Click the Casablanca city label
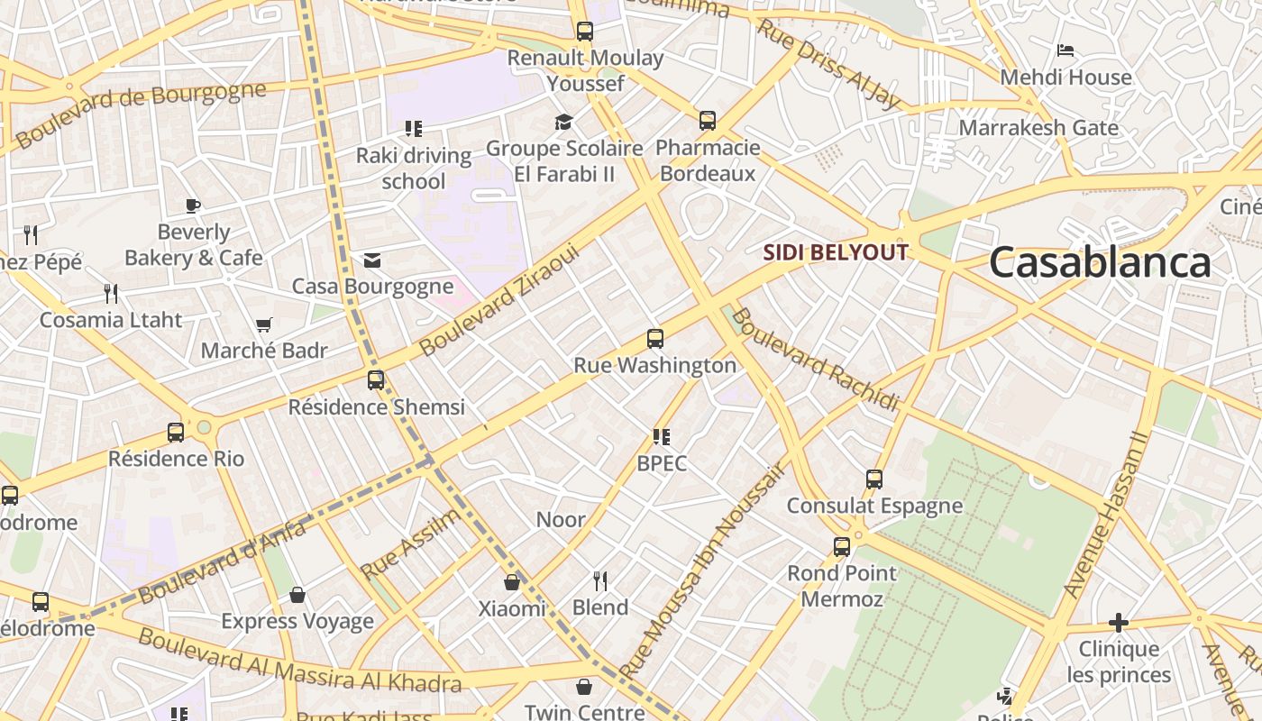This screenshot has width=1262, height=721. coord(1100,263)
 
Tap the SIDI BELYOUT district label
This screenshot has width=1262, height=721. coord(835,252)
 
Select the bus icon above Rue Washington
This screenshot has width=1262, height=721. coord(655,340)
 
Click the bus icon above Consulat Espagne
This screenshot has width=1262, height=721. coord(874,479)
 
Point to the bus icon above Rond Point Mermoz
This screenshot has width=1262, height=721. coord(842,547)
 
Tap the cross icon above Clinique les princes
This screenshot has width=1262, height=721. coord(1119,623)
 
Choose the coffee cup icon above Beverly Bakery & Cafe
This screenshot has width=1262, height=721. coord(193,205)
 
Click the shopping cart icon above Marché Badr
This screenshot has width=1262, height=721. coord(264,324)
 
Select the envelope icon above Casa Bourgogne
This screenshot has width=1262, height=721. coord(372,260)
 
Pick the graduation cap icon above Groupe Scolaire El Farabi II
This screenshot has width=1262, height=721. coord(564,122)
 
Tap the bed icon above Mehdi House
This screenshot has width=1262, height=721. coord(1065,50)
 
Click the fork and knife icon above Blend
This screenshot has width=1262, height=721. coord(600,580)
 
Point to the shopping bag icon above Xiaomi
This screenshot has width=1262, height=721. coord(512,582)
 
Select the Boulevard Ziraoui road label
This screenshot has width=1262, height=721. coord(498,299)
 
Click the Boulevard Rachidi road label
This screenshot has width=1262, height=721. coord(815,359)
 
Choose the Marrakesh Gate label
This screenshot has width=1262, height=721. coord(1038,128)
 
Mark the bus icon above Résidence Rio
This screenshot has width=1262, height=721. coord(176,433)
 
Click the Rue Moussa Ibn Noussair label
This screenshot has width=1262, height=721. coord(702,570)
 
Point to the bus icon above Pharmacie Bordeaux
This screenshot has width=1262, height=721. coord(708,121)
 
